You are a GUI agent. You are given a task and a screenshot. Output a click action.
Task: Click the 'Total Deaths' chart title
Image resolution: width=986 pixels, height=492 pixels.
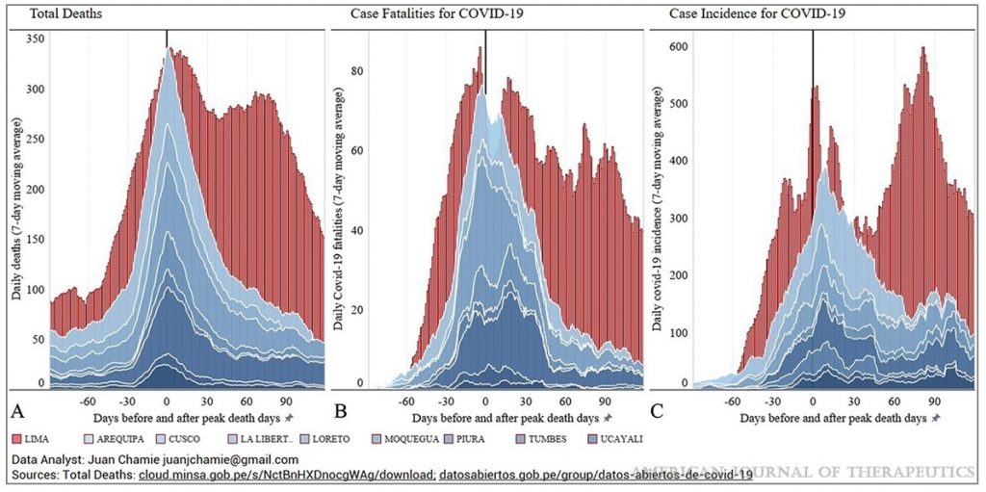point(55,13)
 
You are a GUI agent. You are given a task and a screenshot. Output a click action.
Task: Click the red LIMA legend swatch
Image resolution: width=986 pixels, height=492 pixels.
point(18,439)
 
